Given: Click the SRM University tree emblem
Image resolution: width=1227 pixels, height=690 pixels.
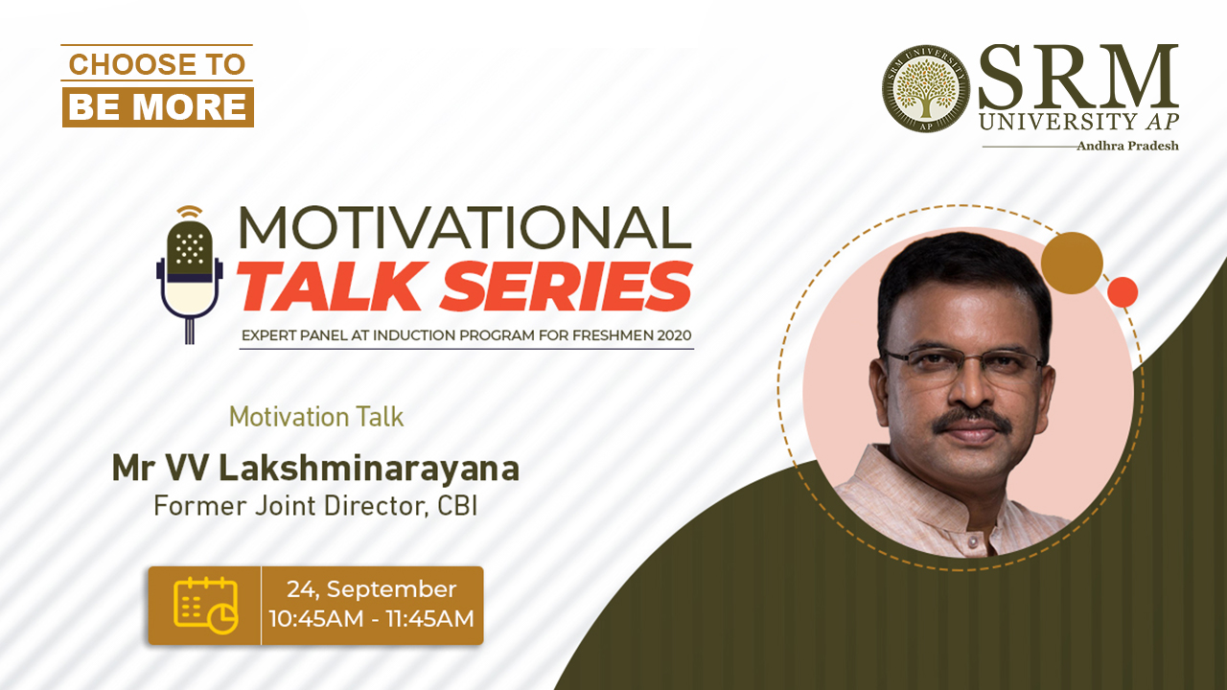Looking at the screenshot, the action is pos(926,88).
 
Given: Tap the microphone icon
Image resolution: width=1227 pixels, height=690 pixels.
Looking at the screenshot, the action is pos(189,275).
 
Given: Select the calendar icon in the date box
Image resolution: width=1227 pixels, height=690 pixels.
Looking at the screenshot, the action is pos(205,605).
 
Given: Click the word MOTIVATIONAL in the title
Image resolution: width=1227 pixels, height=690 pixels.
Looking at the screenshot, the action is pos(465,228).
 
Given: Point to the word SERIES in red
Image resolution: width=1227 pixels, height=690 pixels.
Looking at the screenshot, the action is pos(567,287).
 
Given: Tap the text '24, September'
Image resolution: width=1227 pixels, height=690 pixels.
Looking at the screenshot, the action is pos(371,589).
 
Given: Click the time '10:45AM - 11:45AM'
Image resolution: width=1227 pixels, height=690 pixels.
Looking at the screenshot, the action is pos(371,619).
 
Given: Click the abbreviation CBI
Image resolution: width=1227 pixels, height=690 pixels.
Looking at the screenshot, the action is pos(457,505).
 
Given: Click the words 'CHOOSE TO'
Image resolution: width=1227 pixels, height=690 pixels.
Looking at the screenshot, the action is pos(156,64).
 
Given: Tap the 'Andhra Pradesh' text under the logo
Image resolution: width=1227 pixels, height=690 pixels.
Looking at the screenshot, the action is pos(1127,146).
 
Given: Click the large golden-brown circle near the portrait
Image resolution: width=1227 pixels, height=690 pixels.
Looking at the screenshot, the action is pos(1072,263).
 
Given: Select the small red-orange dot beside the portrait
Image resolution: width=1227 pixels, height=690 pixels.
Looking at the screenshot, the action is pos(1123,292).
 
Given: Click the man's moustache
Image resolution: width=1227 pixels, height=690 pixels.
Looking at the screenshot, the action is pos(973,421).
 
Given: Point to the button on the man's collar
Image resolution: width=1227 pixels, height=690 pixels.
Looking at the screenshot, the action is pos(973,542).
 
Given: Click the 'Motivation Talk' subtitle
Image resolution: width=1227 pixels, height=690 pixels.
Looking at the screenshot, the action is pos(316,417).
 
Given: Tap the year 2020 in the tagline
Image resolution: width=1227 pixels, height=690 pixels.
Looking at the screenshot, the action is pos(674,335).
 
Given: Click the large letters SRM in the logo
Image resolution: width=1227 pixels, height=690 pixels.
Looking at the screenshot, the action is pos(1078,77).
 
